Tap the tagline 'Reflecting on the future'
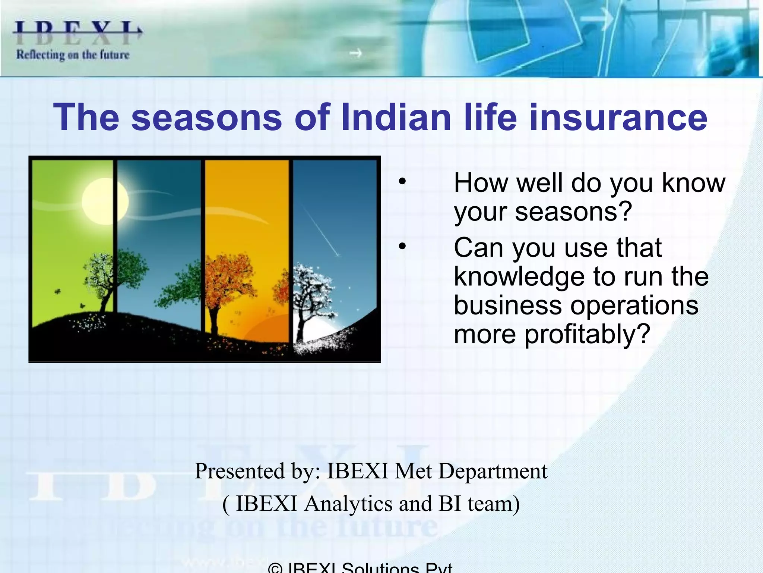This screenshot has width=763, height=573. click(x=73, y=55)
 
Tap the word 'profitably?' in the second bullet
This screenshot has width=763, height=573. click(x=588, y=334)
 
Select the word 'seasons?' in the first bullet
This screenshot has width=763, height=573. click(x=574, y=212)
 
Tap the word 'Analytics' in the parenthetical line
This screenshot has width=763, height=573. click(x=348, y=504)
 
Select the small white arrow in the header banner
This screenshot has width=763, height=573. click(x=355, y=53)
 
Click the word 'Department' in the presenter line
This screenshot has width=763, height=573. click(x=493, y=472)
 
